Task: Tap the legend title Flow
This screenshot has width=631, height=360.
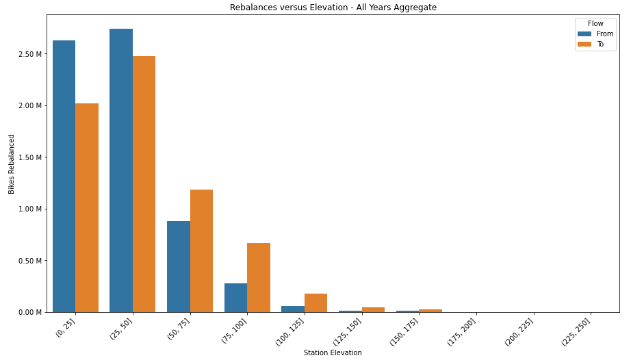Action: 595,23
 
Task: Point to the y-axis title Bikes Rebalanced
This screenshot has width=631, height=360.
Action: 12,164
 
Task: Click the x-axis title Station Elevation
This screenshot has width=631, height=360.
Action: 333,352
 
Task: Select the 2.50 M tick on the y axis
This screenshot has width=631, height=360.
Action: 32,54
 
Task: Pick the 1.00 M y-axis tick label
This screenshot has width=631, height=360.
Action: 32,209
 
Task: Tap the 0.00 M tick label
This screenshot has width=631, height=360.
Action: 32,312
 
